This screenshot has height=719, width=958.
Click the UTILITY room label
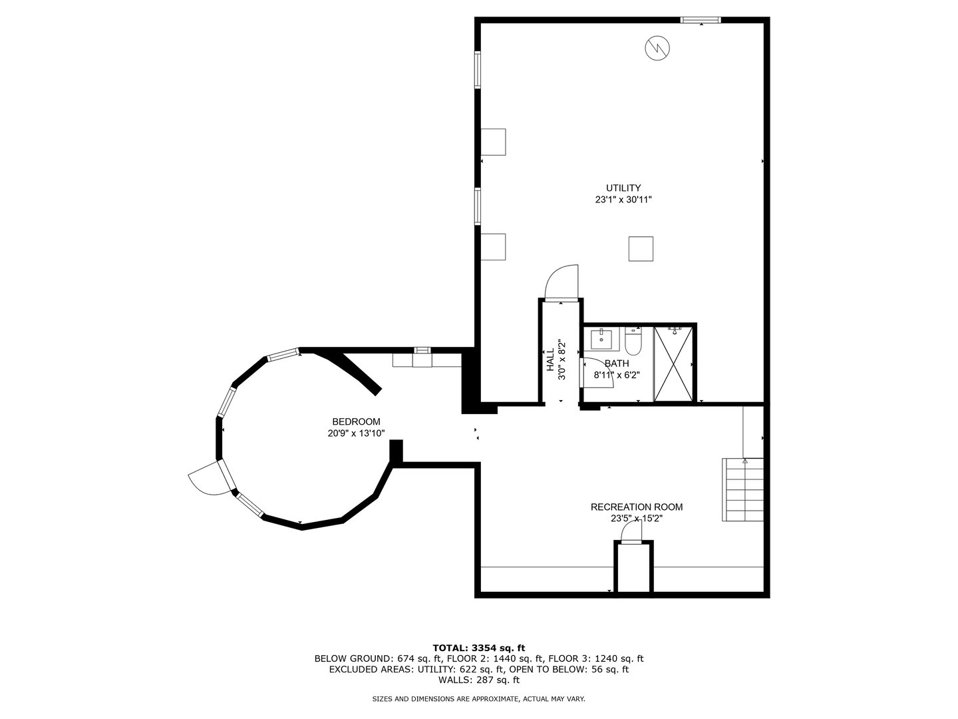pyautogui.click(x=623, y=188)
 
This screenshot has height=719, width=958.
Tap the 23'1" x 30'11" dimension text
pyautogui.click(x=623, y=200)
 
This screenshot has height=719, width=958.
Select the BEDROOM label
pyautogui.click(x=356, y=421)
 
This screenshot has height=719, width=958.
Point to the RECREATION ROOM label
pyautogui.click(x=636, y=507)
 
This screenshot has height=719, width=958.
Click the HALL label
pyautogui.click(x=550, y=360)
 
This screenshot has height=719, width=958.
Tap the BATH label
pyautogui.click(x=617, y=363)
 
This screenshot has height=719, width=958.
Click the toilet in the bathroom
pyautogui.click(x=633, y=342)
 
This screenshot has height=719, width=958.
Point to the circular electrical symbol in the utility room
pyautogui.click(x=657, y=47)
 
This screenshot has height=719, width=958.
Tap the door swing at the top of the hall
pyautogui.click(x=563, y=281)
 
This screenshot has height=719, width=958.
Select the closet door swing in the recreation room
pyautogui.click(x=631, y=531)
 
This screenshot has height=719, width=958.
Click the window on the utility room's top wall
pyautogui.click(x=700, y=20)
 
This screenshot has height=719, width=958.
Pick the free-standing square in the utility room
pyautogui.click(x=641, y=249)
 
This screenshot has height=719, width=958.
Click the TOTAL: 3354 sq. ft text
pyautogui.click(x=478, y=647)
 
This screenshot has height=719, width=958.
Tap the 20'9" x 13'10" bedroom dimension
pyautogui.click(x=356, y=433)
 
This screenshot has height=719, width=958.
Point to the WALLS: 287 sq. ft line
pyautogui.click(x=478, y=680)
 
